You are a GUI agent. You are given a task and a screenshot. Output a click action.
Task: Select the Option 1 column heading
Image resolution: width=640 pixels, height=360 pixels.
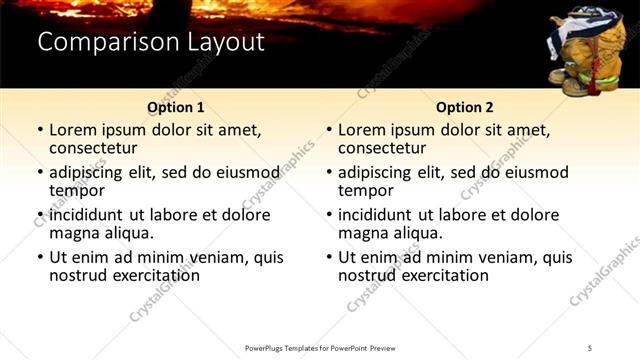click(175, 107)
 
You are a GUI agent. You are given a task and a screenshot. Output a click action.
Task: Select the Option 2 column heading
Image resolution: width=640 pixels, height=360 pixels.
click(464, 107)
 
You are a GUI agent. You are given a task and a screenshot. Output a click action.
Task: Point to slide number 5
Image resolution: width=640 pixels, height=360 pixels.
click(590, 347)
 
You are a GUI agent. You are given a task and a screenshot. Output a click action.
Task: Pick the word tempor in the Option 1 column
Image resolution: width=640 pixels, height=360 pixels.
click(77, 190)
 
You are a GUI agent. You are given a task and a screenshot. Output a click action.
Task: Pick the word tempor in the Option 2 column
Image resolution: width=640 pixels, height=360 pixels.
click(366, 190)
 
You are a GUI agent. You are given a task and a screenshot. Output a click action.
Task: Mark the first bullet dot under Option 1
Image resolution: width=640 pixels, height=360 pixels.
click(40, 130)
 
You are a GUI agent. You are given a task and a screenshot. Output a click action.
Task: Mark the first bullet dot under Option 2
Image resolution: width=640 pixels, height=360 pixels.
click(329, 130)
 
